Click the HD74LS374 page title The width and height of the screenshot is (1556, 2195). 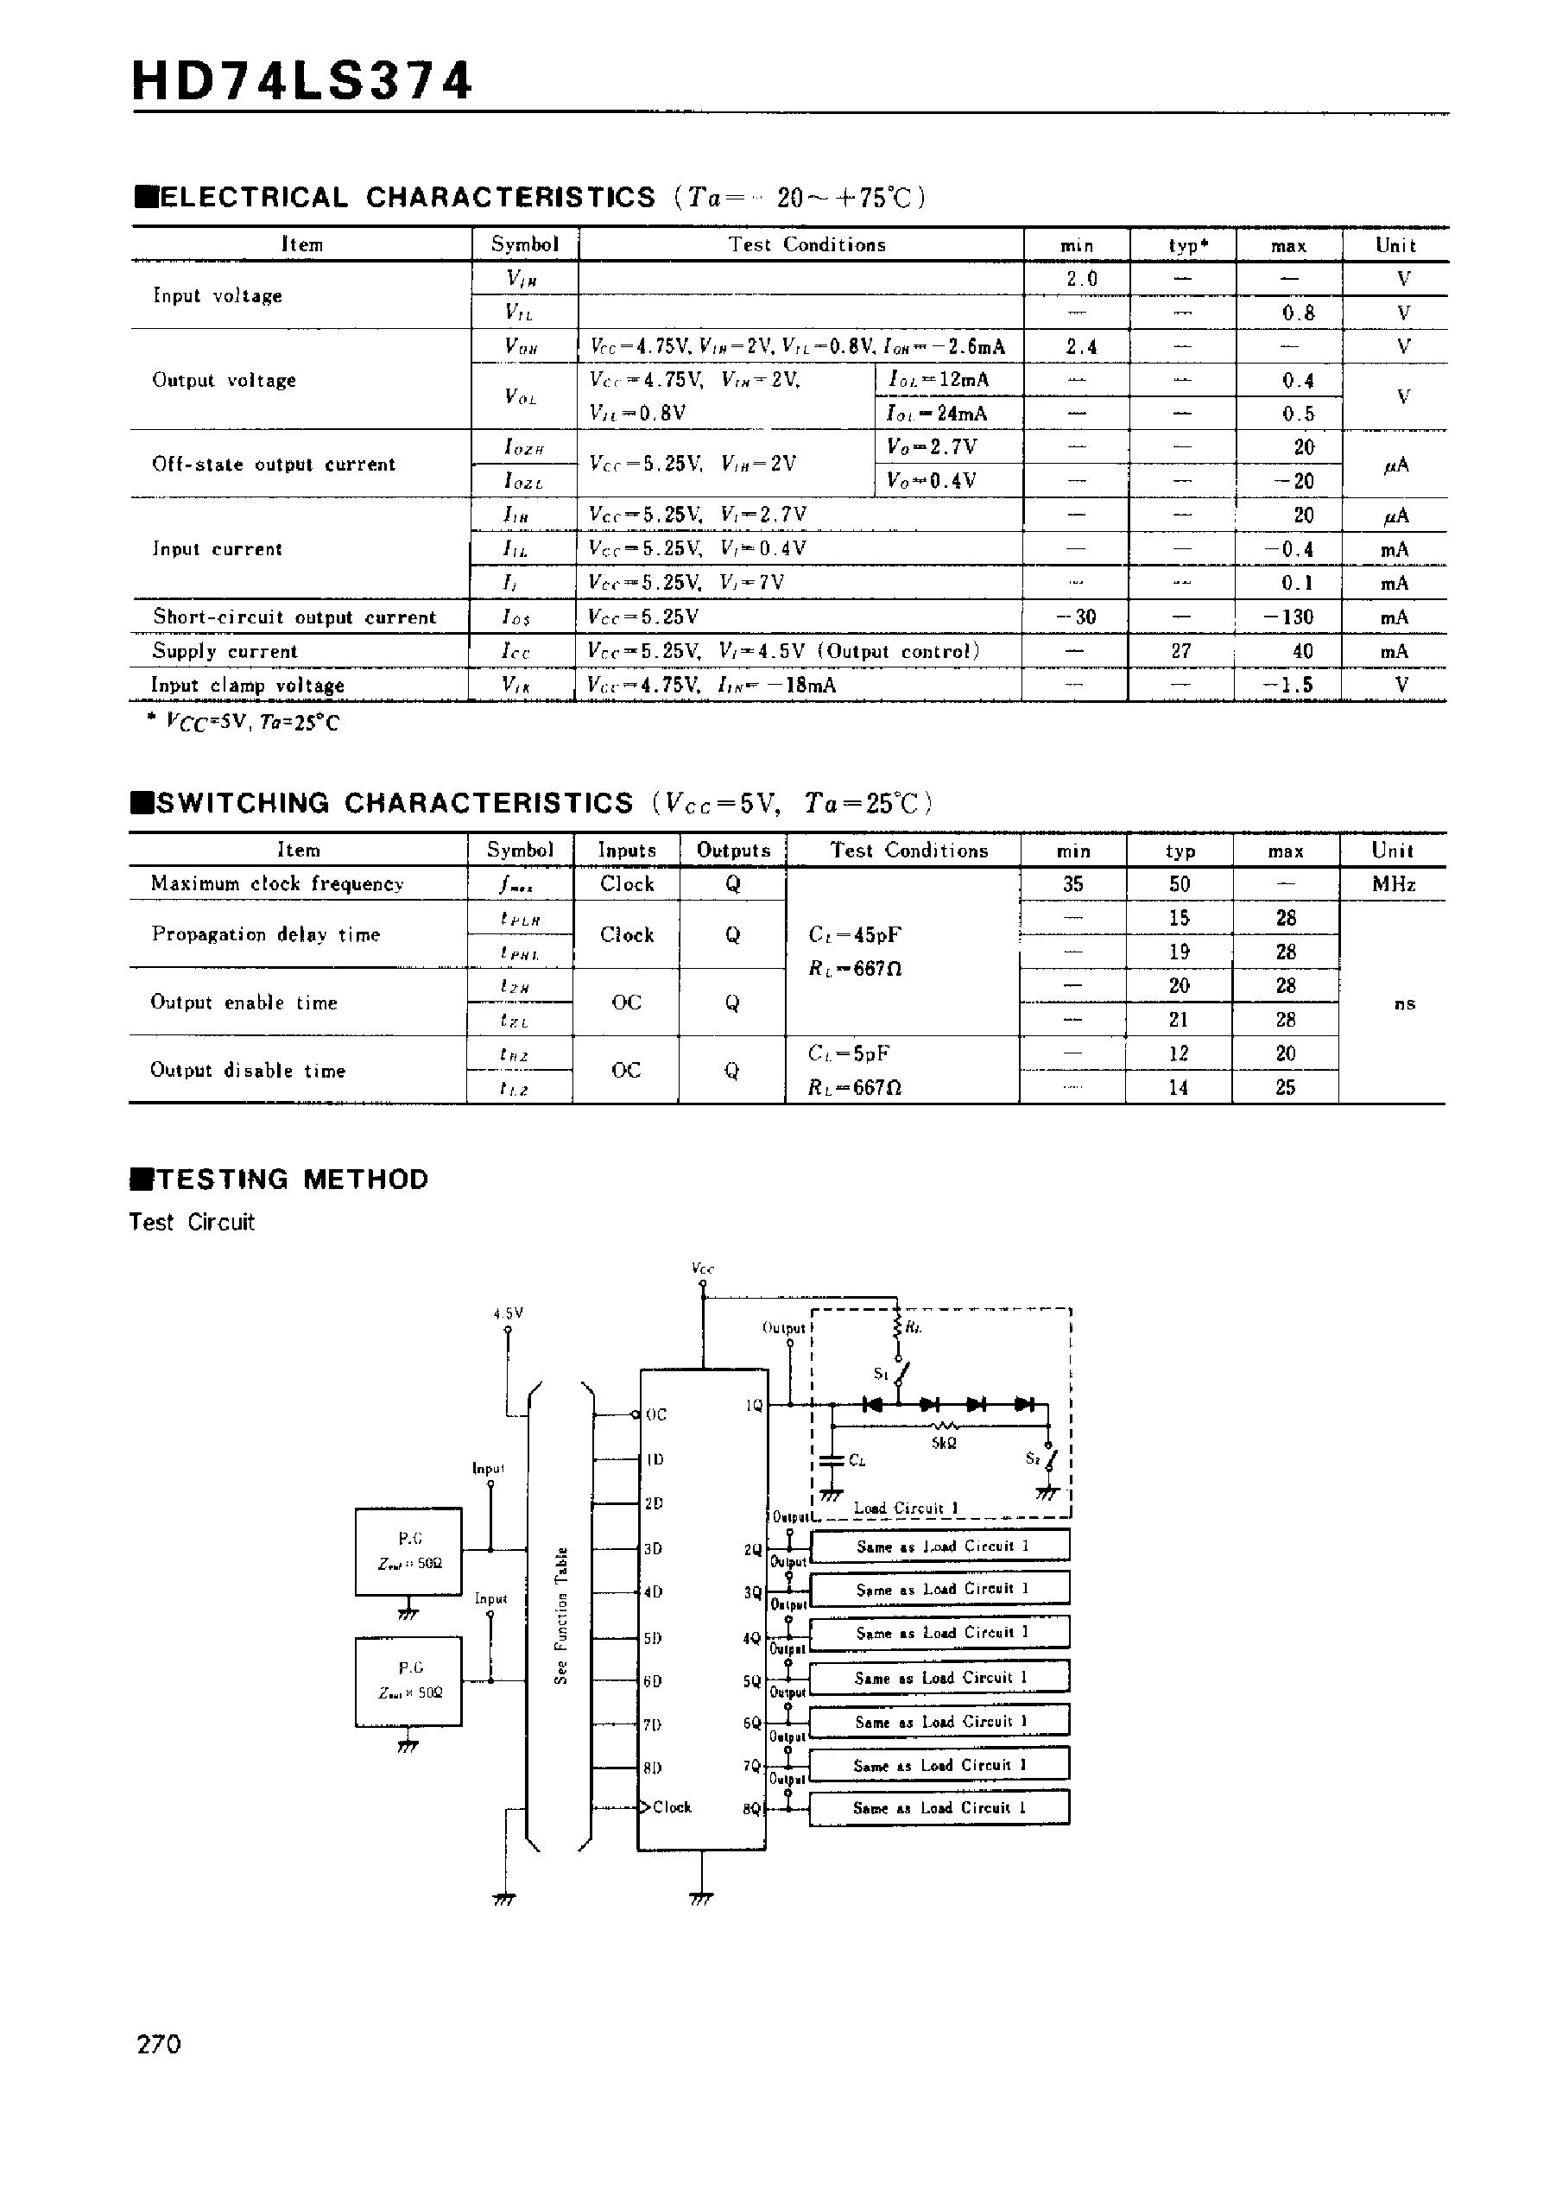tap(302, 80)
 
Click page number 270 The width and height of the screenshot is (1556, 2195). tap(159, 2045)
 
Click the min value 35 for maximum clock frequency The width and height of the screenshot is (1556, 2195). tap(1072, 884)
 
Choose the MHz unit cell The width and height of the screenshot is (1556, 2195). tap(1393, 884)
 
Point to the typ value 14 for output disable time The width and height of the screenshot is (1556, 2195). tap(1179, 1087)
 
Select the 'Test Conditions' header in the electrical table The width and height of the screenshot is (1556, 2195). tap(806, 244)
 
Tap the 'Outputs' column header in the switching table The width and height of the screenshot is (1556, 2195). tap(733, 851)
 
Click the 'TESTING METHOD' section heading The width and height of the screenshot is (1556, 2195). tap(291, 1180)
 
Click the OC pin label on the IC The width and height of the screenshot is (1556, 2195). tap(656, 1414)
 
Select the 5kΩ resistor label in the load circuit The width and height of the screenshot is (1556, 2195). tap(944, 1443)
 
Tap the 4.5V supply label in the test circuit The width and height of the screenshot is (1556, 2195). tap(508, 1313)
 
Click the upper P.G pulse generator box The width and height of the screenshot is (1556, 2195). tap(409, 1551)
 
